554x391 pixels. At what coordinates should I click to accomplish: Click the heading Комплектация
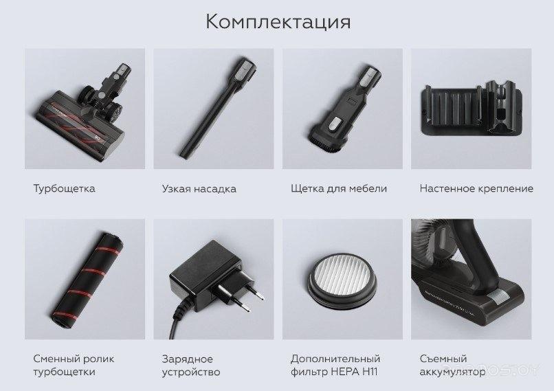[278, 22]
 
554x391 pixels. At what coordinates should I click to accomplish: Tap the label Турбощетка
[65, 188]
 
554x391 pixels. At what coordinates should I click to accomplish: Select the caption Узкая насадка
[199, 188]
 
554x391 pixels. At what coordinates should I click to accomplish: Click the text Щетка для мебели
[339, 188]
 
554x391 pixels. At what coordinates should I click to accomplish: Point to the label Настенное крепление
[476, 188]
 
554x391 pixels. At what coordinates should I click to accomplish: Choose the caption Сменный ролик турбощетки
[74, 365]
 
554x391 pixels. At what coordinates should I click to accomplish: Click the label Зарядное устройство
[191, 365]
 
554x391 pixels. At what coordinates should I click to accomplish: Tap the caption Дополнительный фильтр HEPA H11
[335, 365]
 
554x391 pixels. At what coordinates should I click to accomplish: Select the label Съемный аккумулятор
[452, 365]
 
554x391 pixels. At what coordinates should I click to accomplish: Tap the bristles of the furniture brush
[326, 144]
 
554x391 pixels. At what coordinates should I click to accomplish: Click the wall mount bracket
[471, 108]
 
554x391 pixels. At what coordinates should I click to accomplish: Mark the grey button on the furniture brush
[335, 124]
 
